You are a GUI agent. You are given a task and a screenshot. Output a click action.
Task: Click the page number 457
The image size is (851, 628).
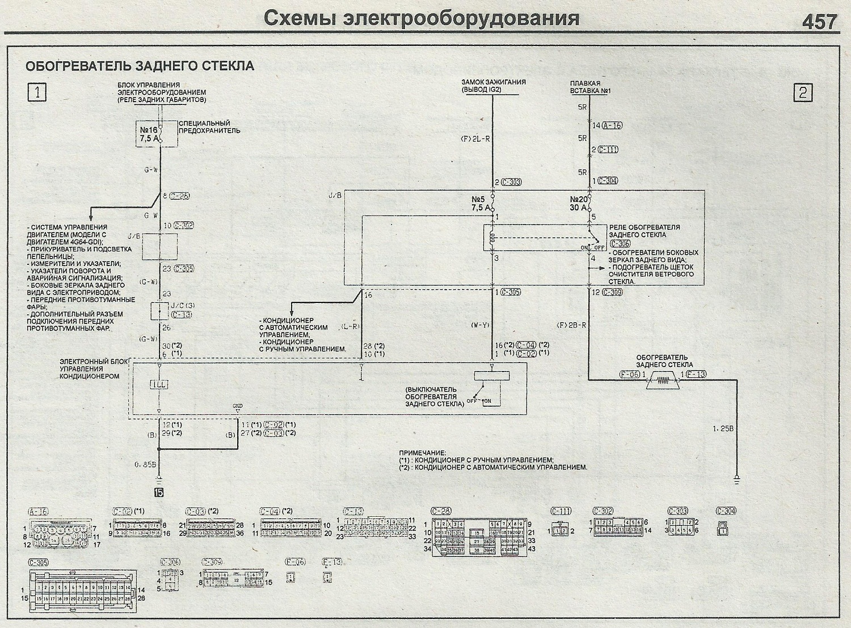819,22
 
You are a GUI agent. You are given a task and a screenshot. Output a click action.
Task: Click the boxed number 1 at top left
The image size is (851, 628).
37,92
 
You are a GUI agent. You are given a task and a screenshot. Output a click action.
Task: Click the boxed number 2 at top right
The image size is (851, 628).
803,92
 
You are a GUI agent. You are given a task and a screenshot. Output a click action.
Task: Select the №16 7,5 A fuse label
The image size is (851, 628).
149,134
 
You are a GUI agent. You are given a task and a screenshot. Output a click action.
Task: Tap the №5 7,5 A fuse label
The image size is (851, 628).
479,204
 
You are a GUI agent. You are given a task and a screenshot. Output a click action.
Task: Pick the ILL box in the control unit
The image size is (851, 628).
159,385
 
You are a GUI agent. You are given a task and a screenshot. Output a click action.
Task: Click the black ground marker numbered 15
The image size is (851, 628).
159,492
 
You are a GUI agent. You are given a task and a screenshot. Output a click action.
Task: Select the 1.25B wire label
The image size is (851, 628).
723,429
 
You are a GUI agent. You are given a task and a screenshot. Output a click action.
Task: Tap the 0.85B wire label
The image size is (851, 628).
145,465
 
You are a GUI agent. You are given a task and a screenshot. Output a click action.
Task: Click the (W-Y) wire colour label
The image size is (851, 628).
480,325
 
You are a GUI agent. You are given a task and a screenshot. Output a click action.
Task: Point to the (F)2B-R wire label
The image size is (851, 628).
571,325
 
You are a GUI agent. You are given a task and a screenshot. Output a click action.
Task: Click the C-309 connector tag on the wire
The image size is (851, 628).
612,293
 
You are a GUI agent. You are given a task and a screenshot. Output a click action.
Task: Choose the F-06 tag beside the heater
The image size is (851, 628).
630,374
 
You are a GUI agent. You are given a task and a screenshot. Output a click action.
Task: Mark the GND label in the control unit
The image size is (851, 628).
237,406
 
